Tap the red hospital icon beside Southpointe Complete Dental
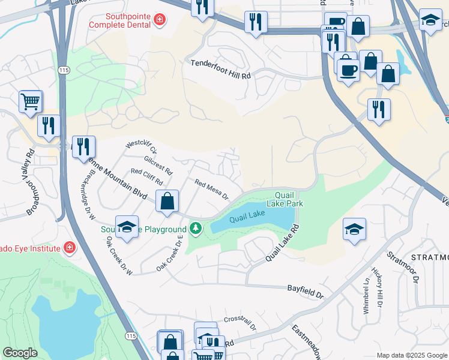(159, 20)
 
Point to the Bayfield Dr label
(305, 292)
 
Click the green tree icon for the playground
(195, 229)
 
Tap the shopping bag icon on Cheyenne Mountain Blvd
(167, 201)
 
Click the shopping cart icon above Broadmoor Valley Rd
(30, 101)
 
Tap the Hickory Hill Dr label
(376, 288)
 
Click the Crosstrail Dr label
(240, 323)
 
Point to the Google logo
(20, 353)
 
